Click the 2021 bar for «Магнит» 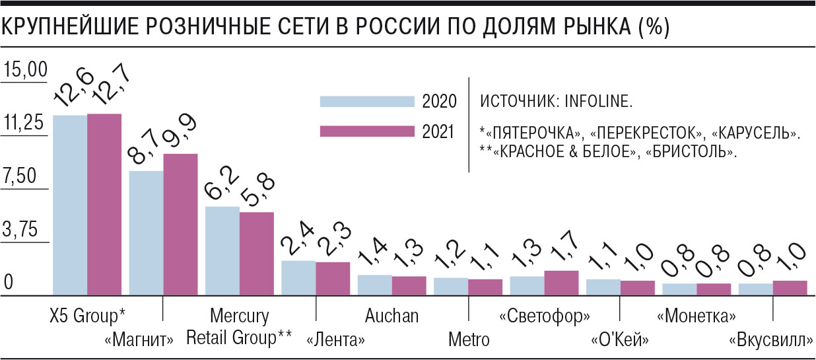180,224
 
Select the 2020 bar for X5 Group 70,205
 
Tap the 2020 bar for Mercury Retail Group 222,250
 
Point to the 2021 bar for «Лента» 333,278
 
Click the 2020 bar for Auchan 375,285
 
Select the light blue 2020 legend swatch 366,101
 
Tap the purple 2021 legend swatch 366,131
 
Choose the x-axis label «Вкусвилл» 770,342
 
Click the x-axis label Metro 469,340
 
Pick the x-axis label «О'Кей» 619,341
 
